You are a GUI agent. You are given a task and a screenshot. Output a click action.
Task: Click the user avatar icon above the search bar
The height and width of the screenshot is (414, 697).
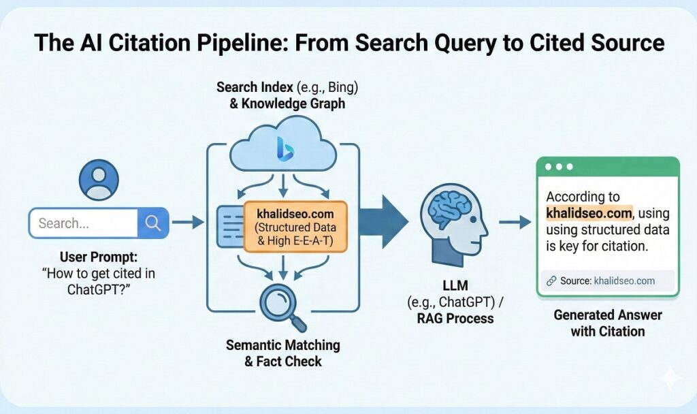tap(98, 180)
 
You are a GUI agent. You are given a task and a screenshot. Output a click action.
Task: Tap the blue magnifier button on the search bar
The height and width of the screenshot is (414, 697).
tap(153, 223)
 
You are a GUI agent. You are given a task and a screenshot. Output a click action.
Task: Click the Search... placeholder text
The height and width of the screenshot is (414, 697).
tap(64, 223)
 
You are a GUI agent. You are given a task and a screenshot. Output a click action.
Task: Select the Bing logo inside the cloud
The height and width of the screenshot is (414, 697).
tap(283, 149)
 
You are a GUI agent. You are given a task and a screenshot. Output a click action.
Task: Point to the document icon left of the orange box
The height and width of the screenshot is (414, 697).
tap(228, 227)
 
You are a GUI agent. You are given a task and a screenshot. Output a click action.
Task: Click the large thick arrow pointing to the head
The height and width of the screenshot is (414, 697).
tap(383, 222)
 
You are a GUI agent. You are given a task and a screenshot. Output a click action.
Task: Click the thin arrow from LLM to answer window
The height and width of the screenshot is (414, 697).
tap(515, 223)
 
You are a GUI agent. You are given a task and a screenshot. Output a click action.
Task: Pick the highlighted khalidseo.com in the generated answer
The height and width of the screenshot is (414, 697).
tap(589, 213)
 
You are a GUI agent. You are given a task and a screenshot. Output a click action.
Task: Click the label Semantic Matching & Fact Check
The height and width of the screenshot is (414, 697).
tap(283, 353)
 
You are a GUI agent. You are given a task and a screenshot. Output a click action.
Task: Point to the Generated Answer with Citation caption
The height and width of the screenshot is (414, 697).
tap(607, 323)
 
